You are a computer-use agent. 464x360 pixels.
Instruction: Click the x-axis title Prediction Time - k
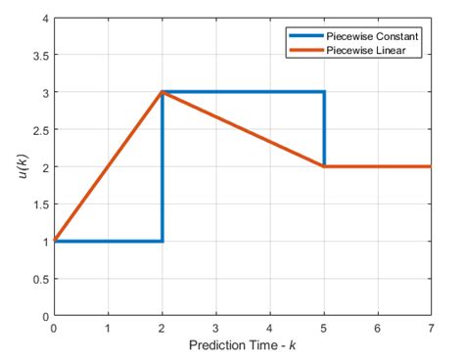click(242, 347)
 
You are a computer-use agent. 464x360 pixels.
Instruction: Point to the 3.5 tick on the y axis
click(38, 55)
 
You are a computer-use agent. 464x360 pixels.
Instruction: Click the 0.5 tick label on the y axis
click(38, 279)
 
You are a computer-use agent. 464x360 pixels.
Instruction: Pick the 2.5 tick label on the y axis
click(38, 130)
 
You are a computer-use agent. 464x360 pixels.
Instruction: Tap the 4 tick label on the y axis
click(43, 18)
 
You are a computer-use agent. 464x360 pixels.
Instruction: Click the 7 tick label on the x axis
click(431, 330)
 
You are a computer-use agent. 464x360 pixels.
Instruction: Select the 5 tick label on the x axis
click(323, 330)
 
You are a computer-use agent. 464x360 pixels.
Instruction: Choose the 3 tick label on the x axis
click(215, 330)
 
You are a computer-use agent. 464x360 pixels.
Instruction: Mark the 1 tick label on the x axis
click(108, 330)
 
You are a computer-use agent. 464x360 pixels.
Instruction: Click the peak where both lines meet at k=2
click(162, 92)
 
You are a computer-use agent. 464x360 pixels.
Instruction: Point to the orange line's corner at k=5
click(323, 166)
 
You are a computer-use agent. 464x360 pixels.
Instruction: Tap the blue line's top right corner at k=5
click(323, 92)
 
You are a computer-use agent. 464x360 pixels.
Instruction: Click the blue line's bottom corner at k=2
click(162, 241)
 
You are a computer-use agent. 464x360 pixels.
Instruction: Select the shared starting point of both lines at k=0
click(55, 241)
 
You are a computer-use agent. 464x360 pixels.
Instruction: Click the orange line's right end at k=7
click(430, 166)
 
